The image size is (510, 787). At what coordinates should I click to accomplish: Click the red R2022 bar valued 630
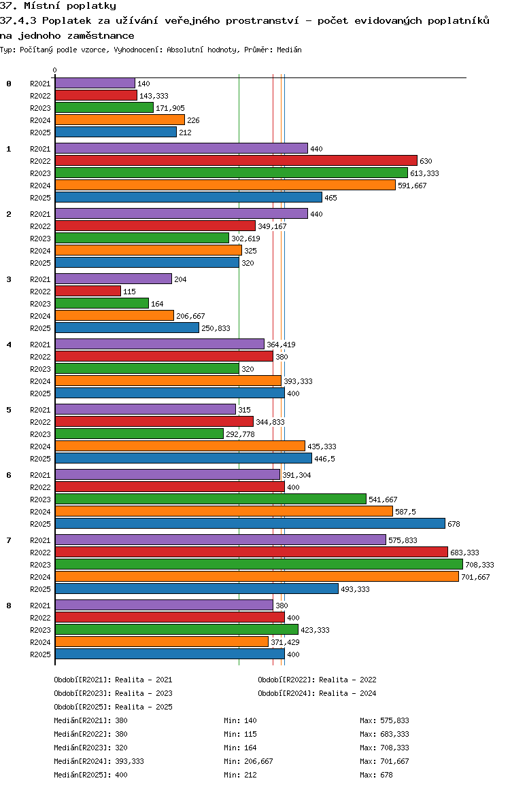[235, 160]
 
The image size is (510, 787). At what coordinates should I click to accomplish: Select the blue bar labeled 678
[250, 523]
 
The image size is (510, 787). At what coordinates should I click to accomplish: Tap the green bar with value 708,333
[258, 564]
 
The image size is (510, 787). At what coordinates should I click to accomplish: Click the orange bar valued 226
[120, 120]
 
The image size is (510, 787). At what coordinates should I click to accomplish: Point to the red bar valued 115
[88, 291]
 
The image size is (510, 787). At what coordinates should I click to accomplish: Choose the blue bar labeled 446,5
[183, 458]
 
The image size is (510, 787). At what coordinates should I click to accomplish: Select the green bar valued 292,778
[139, 434]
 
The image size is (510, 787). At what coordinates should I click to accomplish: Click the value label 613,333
[424, 173]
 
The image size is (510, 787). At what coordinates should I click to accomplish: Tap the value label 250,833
[216, 328]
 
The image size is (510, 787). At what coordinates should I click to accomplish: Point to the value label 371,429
[285, 642]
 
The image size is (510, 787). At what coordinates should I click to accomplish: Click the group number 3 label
[9, 279]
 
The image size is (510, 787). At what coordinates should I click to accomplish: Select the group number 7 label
[9, 540]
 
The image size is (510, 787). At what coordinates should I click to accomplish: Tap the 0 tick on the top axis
[55, 70]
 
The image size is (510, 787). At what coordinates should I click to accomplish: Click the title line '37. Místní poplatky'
[58, 6]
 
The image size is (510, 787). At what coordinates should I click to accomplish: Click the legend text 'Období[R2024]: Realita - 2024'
[317, 693]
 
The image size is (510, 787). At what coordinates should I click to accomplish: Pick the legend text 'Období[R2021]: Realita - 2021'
[113, 680]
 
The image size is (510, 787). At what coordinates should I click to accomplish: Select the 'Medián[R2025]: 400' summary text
[90, 775]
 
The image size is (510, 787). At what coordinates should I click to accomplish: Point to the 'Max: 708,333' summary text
[384, 748]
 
